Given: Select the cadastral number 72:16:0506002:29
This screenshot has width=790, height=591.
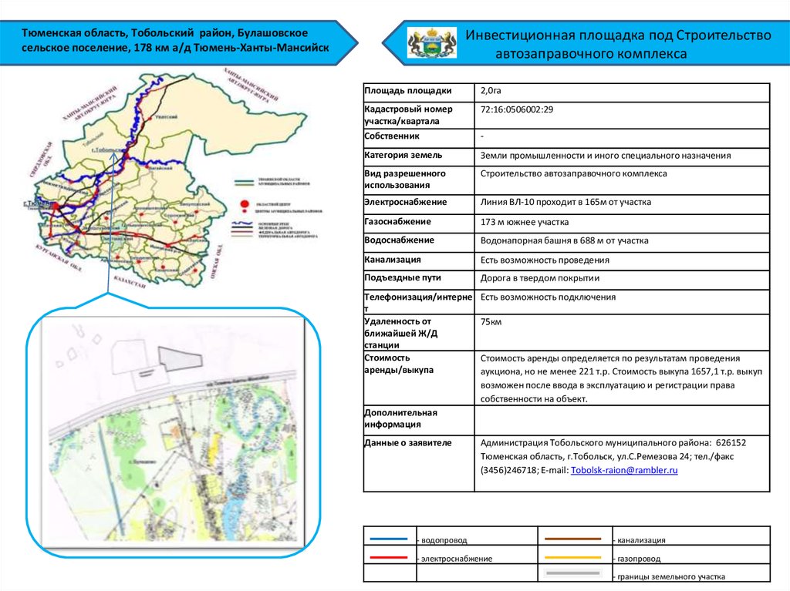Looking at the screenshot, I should (517, 109).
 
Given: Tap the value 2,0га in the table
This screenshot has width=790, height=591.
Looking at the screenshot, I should (491, 91).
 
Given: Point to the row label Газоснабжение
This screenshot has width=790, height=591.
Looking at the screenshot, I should (397, 222).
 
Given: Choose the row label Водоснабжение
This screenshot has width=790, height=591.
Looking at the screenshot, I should (399, 240).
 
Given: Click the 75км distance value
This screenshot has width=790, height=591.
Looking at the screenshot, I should (491, 322).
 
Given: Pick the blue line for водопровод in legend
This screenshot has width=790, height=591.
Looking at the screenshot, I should (389, 539).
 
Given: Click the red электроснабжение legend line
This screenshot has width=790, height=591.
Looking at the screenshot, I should (389, 556).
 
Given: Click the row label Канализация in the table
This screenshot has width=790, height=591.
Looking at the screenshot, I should (393, 260).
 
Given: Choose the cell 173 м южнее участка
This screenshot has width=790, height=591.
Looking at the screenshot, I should (525, 222).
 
